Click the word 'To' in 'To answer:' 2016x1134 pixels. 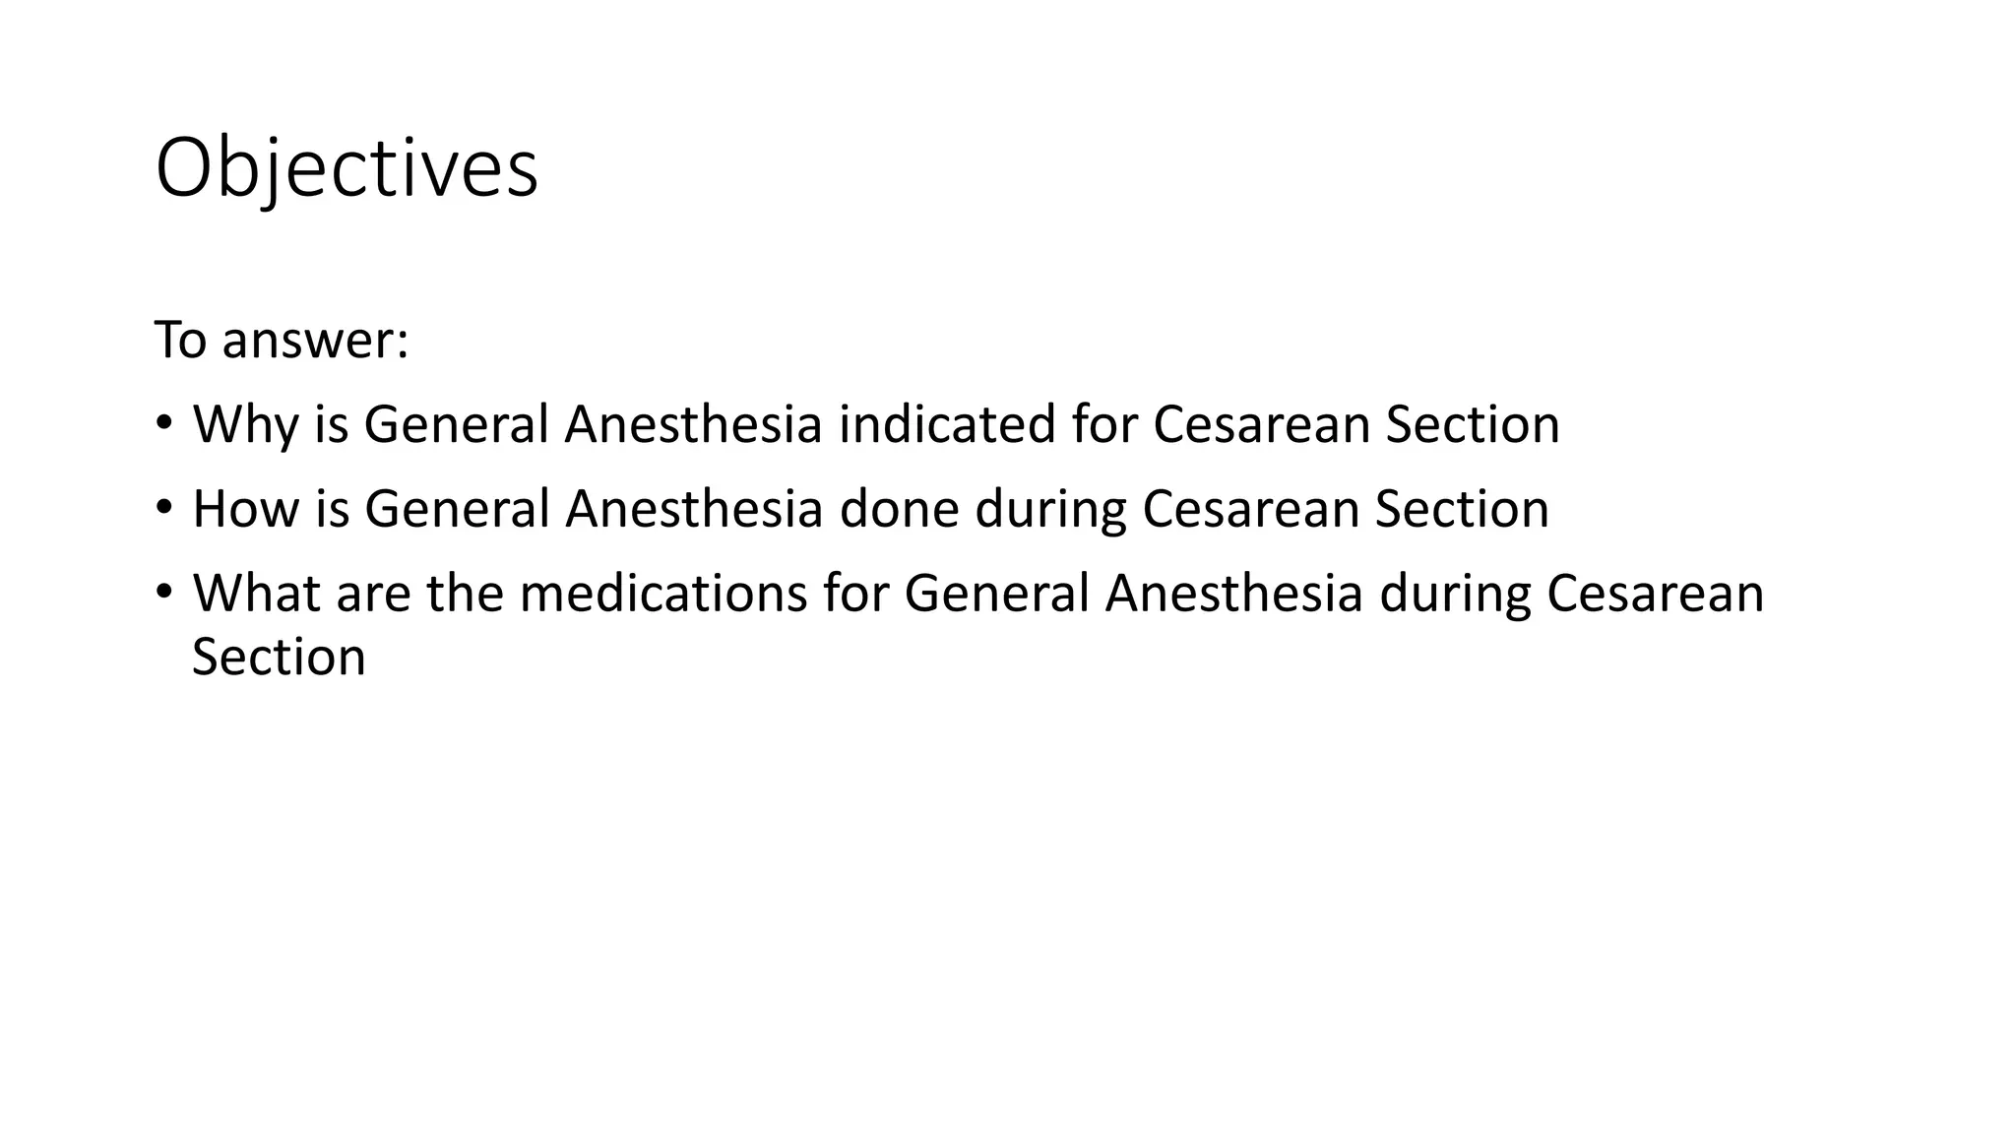(179, 341)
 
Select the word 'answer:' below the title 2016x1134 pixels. (315, 342)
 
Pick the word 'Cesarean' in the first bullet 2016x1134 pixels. (1261, 424)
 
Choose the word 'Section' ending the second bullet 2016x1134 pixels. (1462, 509)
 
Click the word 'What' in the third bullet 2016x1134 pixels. (256, 594)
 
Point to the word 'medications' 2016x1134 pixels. (663, 594)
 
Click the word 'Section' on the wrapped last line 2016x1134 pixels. (279, 657)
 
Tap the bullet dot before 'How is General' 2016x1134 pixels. (163, 508)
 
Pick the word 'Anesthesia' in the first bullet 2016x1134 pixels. (693, 424)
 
